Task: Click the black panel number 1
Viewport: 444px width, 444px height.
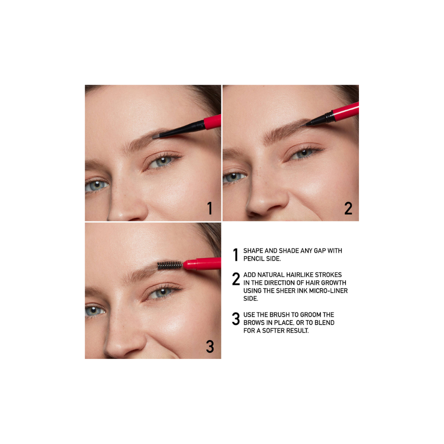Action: pyautogui.click(x=210, y=208)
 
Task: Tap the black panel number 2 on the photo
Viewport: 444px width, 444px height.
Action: pyautogui.click(x=348, y=208)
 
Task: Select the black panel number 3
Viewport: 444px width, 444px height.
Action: pyautogui.click(x=210, y=347)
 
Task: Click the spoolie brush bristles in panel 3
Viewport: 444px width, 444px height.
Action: pyautogui.click(x=169, y=265)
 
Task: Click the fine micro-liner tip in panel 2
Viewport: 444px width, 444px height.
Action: pyautogui.click(x=308, y=122)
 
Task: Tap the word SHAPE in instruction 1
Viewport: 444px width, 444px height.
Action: pyautogui.click(x=253, y=251)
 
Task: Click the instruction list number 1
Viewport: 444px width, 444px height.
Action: pyautogui.click(x=236, y=254)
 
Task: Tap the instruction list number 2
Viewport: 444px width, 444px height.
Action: pyautogui.click(x=236, y=279)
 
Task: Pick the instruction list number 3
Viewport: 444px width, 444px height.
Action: pyautogui.click(x=236, y=319)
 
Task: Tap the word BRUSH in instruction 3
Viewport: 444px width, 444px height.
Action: pyautogui.click(x=280, y=315)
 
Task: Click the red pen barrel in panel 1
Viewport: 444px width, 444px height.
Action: pyautogui.click(x=213, y=122)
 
